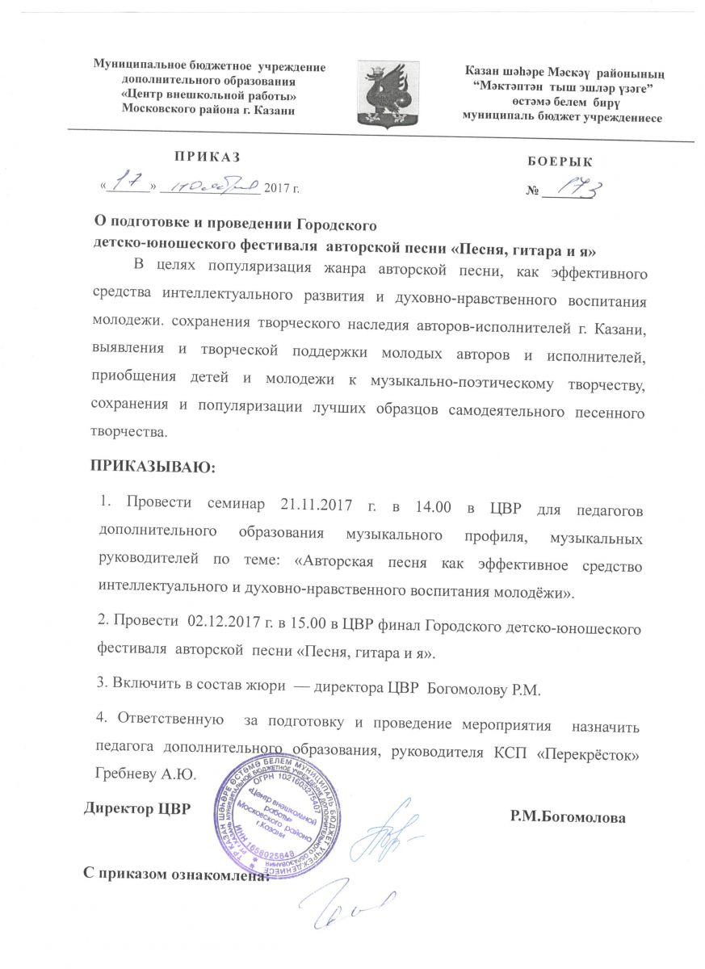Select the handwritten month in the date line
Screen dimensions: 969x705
[x=208, y=188]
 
